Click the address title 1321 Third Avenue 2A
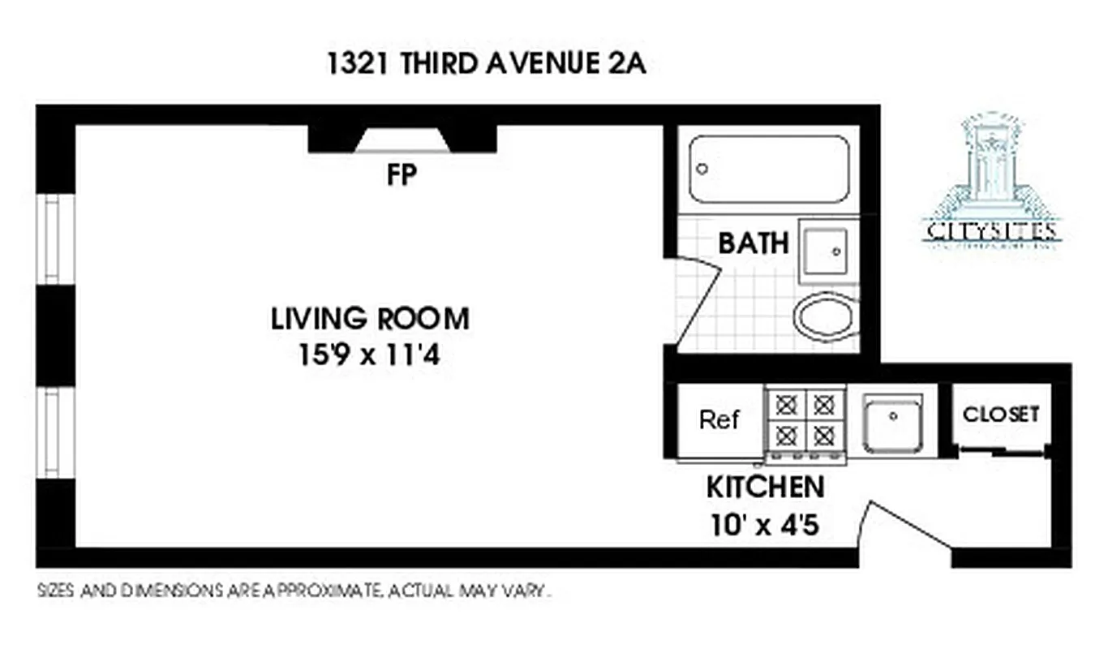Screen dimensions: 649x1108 [486, 64]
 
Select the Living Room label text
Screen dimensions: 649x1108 [370, 319]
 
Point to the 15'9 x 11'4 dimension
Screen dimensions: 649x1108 [369, 355]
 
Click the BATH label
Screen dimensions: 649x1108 [754, 243]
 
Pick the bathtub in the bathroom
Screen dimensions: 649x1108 [769, 169]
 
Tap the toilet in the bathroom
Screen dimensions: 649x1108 [825, 317]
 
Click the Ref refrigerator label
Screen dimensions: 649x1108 [719, 420]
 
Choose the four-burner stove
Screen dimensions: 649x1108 [805, 422]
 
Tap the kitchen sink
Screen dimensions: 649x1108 [892, 423]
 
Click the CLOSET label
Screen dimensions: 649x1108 [1000, 414]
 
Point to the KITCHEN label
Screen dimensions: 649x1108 [765, 488]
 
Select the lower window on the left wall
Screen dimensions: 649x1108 [53, 433]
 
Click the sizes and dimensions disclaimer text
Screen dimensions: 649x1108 [294, 591]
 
